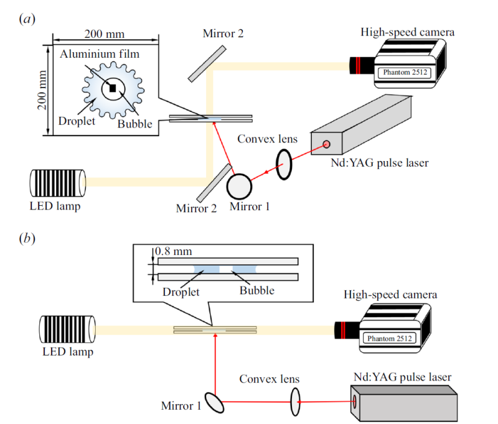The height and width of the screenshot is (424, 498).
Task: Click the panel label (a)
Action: pos(27,19)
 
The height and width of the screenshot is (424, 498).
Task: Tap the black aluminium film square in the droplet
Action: pos(113,88)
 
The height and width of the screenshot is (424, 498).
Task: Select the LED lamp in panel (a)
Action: pos(58,182)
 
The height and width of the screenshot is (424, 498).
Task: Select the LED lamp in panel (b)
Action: pos(67,329)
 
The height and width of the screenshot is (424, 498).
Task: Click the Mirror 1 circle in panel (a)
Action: pos(240,185)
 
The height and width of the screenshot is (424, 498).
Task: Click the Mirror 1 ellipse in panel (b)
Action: pos(216,402)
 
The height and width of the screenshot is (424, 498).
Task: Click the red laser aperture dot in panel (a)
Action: pos(326,145)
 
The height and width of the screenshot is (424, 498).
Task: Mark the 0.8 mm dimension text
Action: pos(172,252)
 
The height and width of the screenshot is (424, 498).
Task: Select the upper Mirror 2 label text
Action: pos(222,33)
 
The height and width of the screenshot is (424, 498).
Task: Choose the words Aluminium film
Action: pos(100,54)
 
